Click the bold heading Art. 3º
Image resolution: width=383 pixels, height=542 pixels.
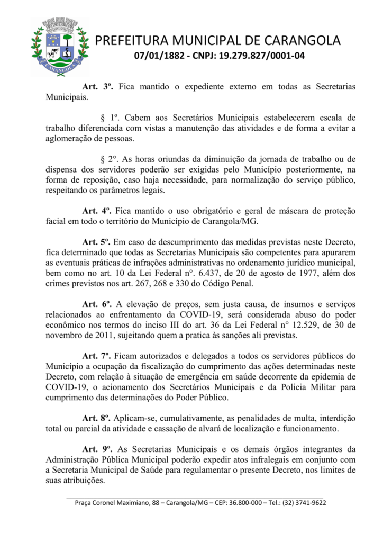pos(98,86)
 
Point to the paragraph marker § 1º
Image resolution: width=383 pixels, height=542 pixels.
pos(109,117)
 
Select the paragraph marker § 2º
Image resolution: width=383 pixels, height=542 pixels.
pos(109,158)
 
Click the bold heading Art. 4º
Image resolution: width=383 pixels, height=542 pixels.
pos(98,210)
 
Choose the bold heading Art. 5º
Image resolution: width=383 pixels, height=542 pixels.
pos(98,241)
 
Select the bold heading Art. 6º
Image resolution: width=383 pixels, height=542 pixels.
pos(98,304)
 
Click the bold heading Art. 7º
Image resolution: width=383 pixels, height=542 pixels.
pos(98,356)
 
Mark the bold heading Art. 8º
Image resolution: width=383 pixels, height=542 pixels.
pos(98,418)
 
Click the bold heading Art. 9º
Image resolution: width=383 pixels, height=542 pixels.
pos(98,449)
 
